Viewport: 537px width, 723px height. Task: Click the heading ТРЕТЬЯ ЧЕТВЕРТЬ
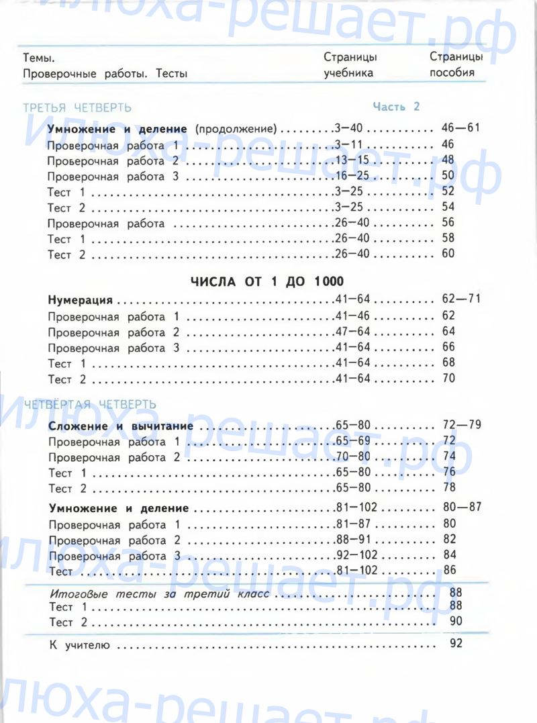[x=77, y=107]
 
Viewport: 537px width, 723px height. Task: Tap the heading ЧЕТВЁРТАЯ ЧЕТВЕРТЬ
[x=90, y=404]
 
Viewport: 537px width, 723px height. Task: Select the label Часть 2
[x=396, y=107]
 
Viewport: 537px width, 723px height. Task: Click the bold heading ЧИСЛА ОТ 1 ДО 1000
[x=268, y=281]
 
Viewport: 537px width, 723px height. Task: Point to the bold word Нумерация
[x=80, y=300]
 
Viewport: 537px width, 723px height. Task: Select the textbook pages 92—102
[x=356, y=555]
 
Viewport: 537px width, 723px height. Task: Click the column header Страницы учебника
[x=350, y=65]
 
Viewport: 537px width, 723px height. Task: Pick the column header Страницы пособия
[x=456, y=65]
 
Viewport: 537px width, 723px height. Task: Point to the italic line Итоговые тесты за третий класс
[x=160, y=594]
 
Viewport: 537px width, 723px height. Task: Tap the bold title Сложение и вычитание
[x=121, y=426]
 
